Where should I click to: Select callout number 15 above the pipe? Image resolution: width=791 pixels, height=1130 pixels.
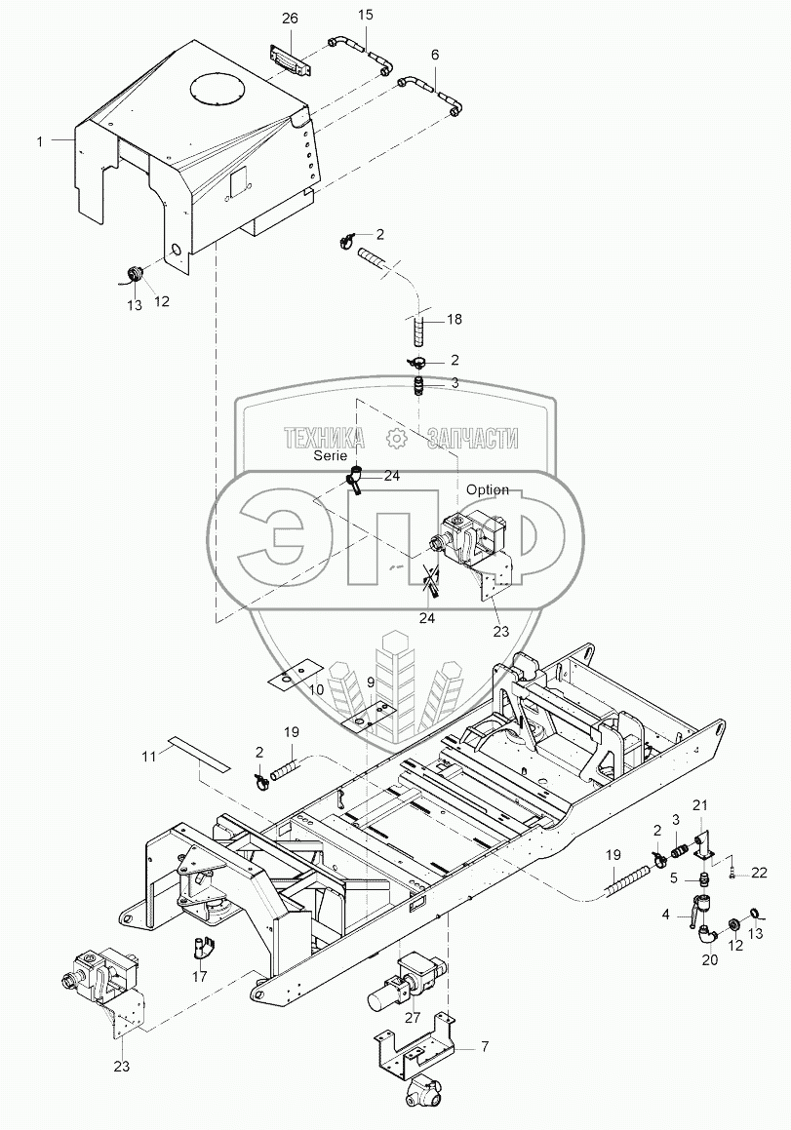(365, 16)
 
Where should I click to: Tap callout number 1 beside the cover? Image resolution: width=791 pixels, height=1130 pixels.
(40, 142)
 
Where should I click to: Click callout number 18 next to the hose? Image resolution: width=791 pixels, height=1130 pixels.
(455, 320)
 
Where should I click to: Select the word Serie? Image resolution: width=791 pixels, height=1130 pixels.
(331, 455)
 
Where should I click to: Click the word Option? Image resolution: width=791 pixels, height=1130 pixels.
(488, 489)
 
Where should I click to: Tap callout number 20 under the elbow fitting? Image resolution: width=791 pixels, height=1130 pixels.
(709, 960)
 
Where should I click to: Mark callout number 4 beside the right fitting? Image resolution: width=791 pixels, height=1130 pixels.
(666, 915)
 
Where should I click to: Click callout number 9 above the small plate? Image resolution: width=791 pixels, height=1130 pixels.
(371, 682)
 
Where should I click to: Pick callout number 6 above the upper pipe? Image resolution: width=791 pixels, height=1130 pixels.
(435, 56)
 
